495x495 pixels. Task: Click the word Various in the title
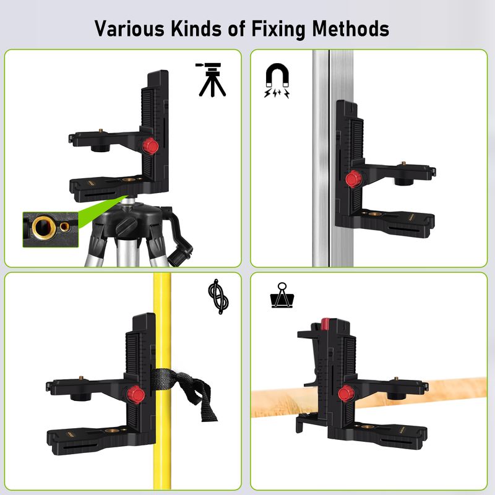[129, 28]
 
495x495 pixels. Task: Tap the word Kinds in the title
[196, 28]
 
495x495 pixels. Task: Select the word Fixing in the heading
[278, 29]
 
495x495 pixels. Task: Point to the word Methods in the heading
[350, 28]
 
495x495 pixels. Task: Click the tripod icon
[211, 80]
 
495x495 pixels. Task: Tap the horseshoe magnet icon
[277, 80]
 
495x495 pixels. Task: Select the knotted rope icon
[218, 296]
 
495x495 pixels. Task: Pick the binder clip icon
[282, 296]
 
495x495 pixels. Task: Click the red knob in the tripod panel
[150, 146]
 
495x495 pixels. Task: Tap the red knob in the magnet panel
[353, 179]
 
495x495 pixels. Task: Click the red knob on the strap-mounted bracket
[136, 394]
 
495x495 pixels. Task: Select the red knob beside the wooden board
[346, 394]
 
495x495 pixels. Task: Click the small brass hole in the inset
[65, 226]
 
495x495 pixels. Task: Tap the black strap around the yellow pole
[183, 389]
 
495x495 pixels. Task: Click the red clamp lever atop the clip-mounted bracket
[325, 324]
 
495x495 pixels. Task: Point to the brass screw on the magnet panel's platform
[403, 163]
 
